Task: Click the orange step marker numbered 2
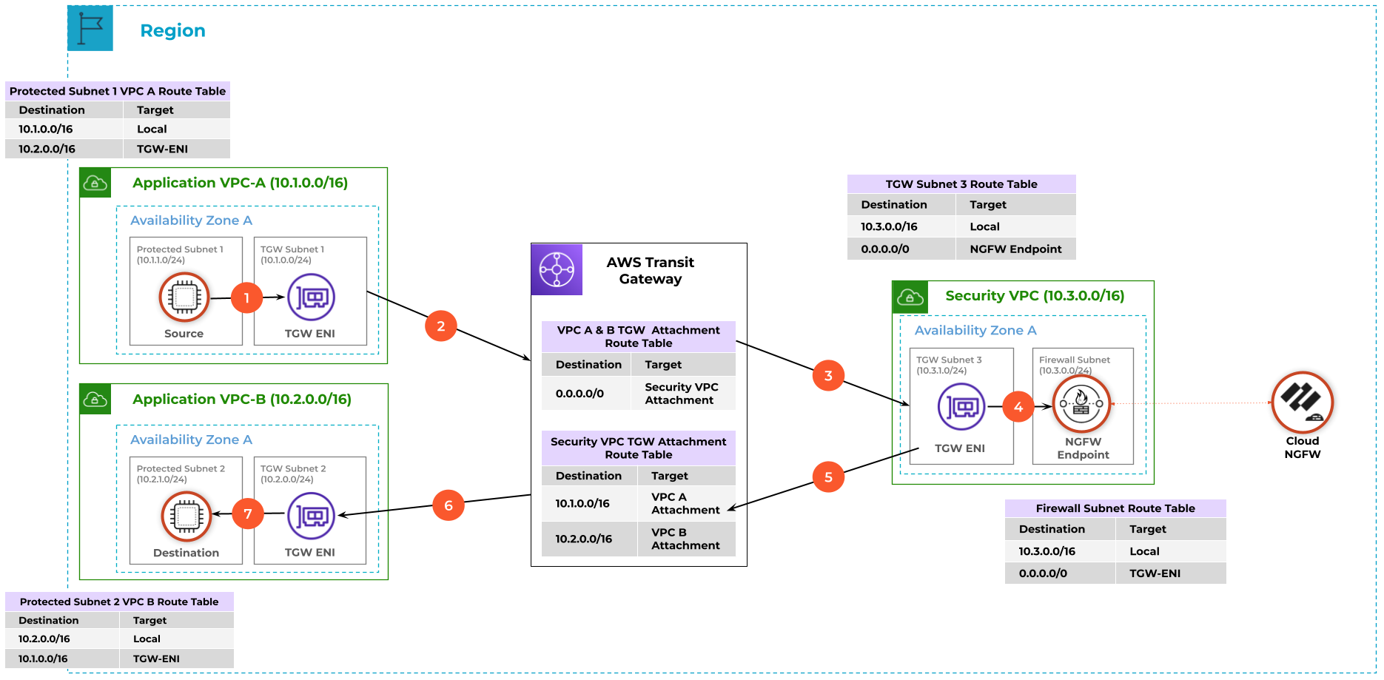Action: pyautogui.click(x=441, y=326)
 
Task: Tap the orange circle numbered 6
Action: pyautogui.click(x=449, y=505)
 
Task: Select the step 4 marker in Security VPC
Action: pyautogui.click(x=1018, y=407)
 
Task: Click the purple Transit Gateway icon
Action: pyautogui.click(x=557, y=269)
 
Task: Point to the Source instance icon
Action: pyautogui.click(x=184, y=297)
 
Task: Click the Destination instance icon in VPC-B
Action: pyautogui.click(x=187, y=516)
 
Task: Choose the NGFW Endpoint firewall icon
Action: pyautogui.click(x=1081, y=404)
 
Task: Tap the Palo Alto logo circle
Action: pyautogui.click(x=1302, y=403)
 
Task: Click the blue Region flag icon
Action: pyautogui.click(x=90, y=28)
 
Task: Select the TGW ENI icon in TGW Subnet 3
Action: pyautogui.click(x=961, y=406)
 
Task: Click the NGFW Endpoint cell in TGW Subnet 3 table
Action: pyautogui.click(x=1015, y=249)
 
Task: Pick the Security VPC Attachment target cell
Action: pyautogui.click(x=681, y=394)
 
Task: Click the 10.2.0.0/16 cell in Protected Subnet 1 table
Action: pyautogui.click(x=47, y=149)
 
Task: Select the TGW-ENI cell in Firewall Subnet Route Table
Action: pyautogui.click(x=1155, y=573)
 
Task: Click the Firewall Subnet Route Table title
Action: pyautogui.click(x=1115, y=508)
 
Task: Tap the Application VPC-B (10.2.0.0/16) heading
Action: pyautogui.click(x=241, y=400)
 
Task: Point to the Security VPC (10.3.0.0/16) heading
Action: pyautogui.click(x=1035, y=296)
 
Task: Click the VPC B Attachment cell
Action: pyautogui.click(x=685, y=539)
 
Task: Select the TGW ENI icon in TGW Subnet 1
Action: pyautogui.click(x=311, y=297)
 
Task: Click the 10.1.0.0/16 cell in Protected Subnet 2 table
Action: pyautogui.click(x=43, y=659)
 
